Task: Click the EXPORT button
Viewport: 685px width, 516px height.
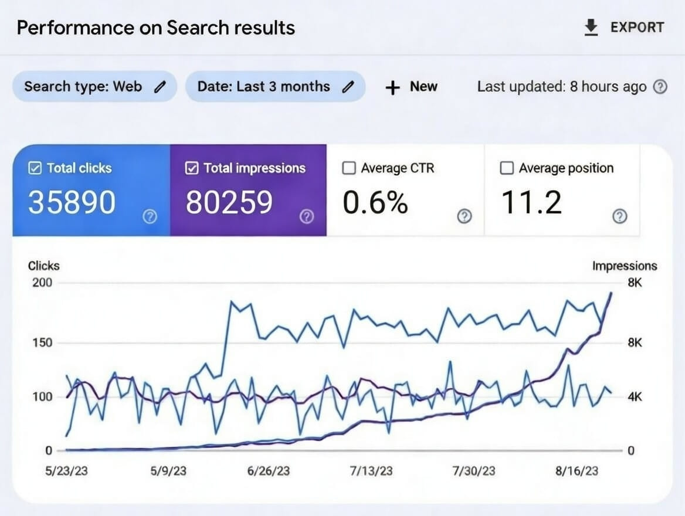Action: tap(625, 28)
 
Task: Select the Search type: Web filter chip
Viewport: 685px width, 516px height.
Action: tap(94, 87)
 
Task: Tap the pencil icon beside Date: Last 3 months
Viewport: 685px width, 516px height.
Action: tap(348, 87)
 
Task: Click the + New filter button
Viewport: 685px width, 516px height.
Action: tap(412, 87)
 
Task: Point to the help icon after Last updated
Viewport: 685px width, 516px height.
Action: tap(660, 87)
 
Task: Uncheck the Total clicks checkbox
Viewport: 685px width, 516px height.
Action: tap(35, 168)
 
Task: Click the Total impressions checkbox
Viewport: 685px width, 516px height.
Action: tap(192, 168)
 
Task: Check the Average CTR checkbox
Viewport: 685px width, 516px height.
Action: tap(349, 168)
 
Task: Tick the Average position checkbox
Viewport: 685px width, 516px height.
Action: tap(507, 168)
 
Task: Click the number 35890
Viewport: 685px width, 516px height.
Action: tap(72, 202)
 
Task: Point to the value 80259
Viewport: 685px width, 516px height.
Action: tap(229, 202)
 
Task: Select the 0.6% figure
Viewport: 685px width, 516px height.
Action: tap(375, 202)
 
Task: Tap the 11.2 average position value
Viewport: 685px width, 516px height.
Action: tap(531, 202)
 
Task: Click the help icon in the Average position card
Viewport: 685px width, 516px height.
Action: tap(619, 216)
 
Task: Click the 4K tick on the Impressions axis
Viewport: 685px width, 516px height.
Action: tap(635, 397)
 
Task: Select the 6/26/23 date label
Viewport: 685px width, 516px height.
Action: tap(269, 471)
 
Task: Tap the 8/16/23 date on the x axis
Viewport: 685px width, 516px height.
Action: tap(578, 471)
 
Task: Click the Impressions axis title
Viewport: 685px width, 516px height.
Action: tap(624, 266)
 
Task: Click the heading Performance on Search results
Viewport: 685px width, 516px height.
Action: tap(155, 28)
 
